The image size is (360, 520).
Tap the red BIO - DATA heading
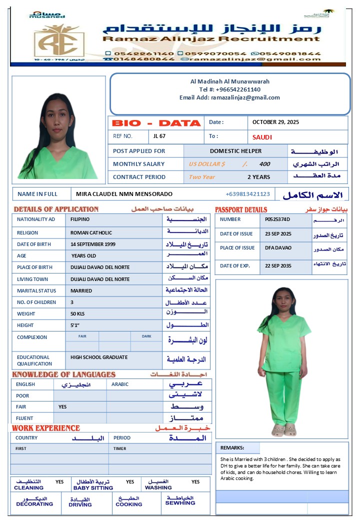(x=156, y=123)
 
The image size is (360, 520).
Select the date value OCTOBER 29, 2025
(x=275, y=122)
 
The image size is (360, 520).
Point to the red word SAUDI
(x=262, y=137)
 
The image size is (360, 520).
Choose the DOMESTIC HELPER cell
(x=235, y=151)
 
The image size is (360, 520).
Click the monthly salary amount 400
(x=264, y=164)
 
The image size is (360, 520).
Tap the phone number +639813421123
(x=247, y=194)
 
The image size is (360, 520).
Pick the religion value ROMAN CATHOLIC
(x=91, y=232)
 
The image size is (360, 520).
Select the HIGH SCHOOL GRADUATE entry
(x=99, y=357)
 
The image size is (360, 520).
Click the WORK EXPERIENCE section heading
(x=46, y=428)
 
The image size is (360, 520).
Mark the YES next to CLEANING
(x=59, y=482)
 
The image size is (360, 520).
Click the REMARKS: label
(x=232, y=448)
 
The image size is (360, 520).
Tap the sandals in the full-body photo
(x=284, y=430)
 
